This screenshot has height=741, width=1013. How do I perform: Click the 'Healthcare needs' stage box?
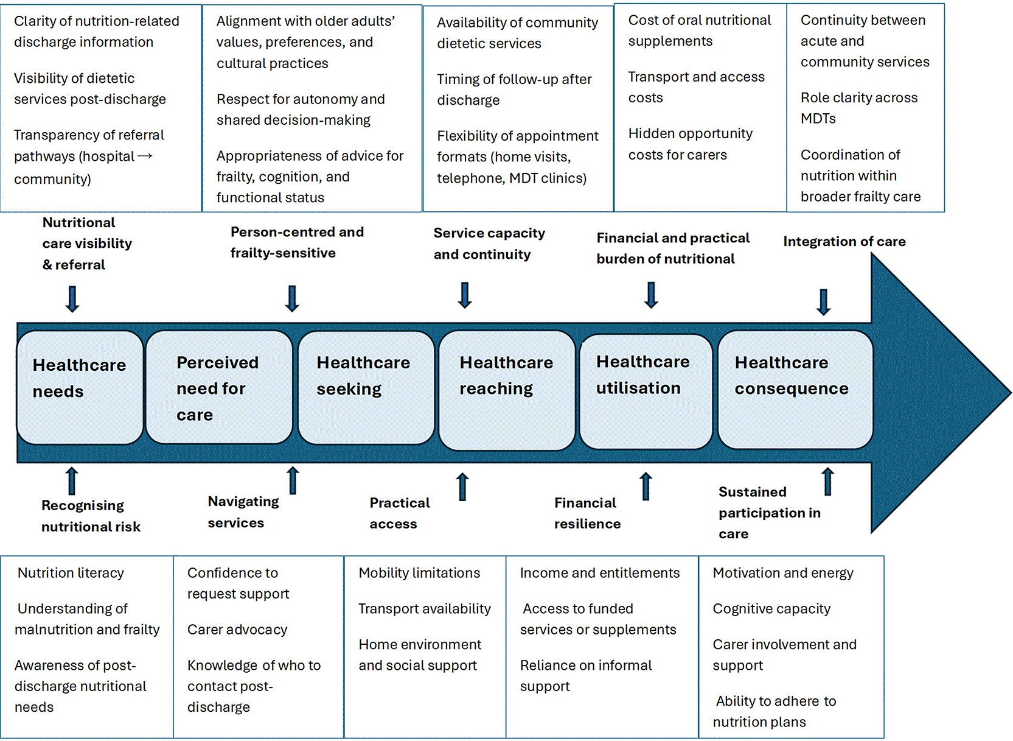[80, 387]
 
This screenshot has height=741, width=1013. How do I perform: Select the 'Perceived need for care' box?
[220, 387]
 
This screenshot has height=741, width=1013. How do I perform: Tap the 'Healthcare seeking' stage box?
[366, 387]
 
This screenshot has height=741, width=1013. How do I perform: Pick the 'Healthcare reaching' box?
[507, 390]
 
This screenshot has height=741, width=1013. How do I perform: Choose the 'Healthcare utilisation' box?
[646, 391]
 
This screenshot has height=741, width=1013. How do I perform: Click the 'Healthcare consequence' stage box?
[795, 390]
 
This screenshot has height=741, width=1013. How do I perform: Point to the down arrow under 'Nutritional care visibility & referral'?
[72, 299]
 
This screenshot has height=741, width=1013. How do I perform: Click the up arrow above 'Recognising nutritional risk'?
[71, 481]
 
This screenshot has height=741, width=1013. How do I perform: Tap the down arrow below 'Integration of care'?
[824, 302]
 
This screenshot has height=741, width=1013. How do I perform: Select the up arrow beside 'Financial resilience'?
[646, 486]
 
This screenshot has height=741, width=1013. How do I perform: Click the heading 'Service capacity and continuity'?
[489, 244]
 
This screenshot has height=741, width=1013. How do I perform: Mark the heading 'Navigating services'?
[243, 512]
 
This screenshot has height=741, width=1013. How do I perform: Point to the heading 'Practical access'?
[400, 513]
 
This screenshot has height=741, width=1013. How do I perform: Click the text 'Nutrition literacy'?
[71, 572]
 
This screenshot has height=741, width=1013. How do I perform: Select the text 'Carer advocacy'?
[237, 630]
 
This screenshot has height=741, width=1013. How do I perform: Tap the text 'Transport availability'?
[425, 609]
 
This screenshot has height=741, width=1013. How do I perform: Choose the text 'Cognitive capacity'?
[771, 609]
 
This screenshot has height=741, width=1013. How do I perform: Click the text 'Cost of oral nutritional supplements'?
[700, 30]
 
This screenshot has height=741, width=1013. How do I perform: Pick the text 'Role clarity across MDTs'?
[859, 108]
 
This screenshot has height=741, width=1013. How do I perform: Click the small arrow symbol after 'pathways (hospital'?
[145, 156]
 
